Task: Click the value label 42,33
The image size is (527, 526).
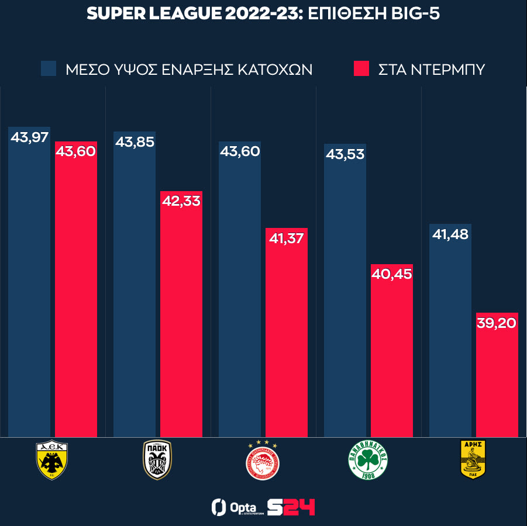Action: tap(181, 202)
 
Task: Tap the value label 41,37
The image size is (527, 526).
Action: tap(286, 238)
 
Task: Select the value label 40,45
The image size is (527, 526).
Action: tap(391, 274)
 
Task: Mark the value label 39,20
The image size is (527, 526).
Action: tap(497, 323)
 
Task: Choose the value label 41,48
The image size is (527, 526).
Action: tap(450, 235)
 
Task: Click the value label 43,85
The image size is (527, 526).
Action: tap(135, 143)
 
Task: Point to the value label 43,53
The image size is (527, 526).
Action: tap(345, 154)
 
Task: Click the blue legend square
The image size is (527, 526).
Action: tap(49, 69)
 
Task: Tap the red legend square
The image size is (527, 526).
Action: tap(361, 69)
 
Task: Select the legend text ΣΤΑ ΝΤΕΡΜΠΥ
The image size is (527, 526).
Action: tap(432, 70)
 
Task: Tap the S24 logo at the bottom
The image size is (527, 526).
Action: tap(291, 507)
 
